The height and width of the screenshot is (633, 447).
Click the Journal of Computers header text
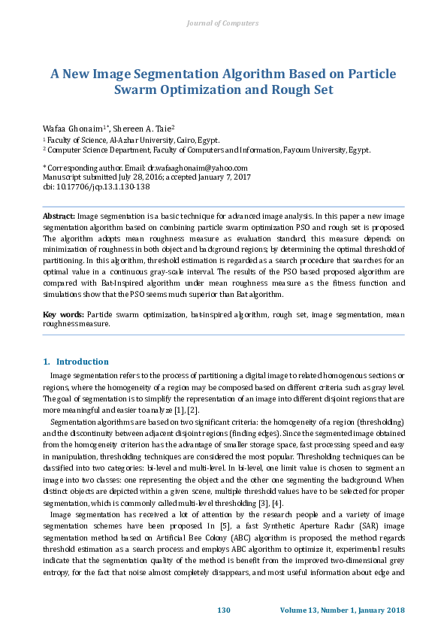222,23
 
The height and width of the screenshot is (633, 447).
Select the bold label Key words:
63,313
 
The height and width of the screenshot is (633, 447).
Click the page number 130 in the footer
223,609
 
